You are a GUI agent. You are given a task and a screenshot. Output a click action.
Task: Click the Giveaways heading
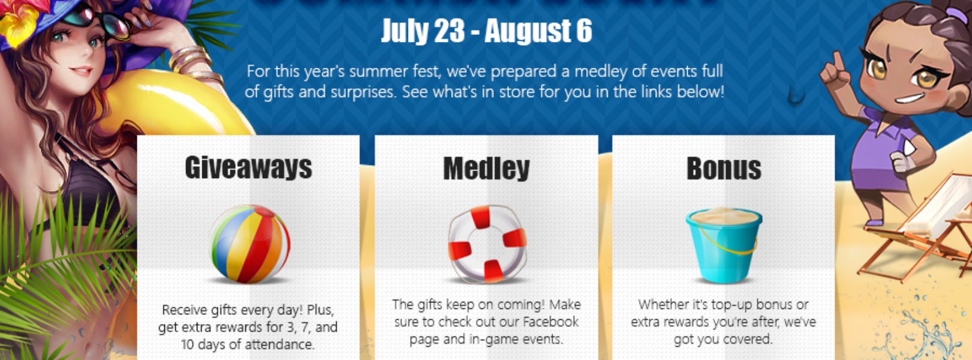click(x=248, y=167)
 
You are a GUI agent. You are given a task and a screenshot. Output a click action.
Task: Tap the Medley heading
click(x=486, y=168)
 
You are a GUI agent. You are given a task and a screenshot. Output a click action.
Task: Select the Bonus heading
click(x=724, y=168)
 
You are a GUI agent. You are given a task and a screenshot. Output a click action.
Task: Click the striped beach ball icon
click(x=250, y=244)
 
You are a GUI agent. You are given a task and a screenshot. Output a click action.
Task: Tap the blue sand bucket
click(x=724, y=245)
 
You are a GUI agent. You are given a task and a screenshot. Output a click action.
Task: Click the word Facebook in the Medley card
click(x=550, y=322)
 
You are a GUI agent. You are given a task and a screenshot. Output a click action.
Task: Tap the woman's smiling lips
click(x=81, y=71)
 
